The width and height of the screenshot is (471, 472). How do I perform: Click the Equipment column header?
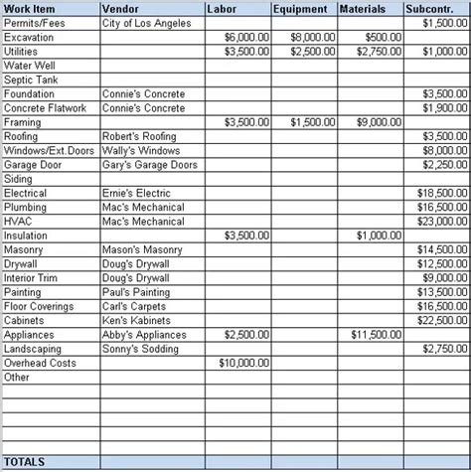303,9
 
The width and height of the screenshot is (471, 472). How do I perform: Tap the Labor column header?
223,9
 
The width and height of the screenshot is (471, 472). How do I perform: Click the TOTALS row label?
25,462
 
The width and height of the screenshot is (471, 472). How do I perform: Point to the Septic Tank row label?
32,79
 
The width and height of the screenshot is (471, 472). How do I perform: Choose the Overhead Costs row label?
40,364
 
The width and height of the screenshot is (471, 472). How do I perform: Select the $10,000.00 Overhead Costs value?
243,364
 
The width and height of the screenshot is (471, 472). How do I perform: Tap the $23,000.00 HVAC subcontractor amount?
442,222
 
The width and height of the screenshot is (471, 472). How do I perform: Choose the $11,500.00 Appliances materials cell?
376,335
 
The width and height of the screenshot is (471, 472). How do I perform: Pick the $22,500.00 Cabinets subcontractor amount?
442,321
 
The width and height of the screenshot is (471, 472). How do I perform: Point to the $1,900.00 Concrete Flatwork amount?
444,107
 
